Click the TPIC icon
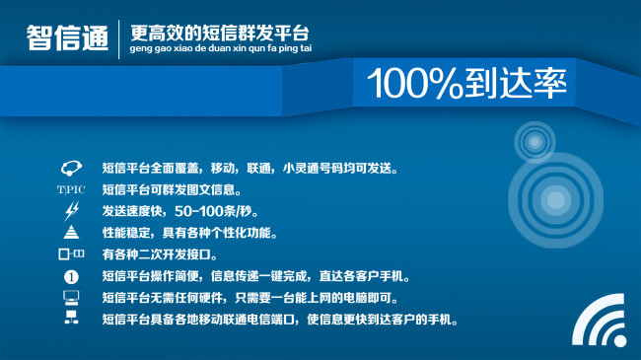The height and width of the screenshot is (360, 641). (x=71, y=189)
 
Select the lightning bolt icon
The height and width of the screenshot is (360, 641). (x=71, y=211)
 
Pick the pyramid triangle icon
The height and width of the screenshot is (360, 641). (x=71, y=233)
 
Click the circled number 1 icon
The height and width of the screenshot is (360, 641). (x=71, y=276)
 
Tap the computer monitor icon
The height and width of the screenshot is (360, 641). (x=71, y=297)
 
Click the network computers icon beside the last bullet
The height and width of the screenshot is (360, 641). (x=71, y=319)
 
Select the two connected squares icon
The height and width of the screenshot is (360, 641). (x=71, y=254)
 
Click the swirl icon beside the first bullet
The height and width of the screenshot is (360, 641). (x=71, y=168)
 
